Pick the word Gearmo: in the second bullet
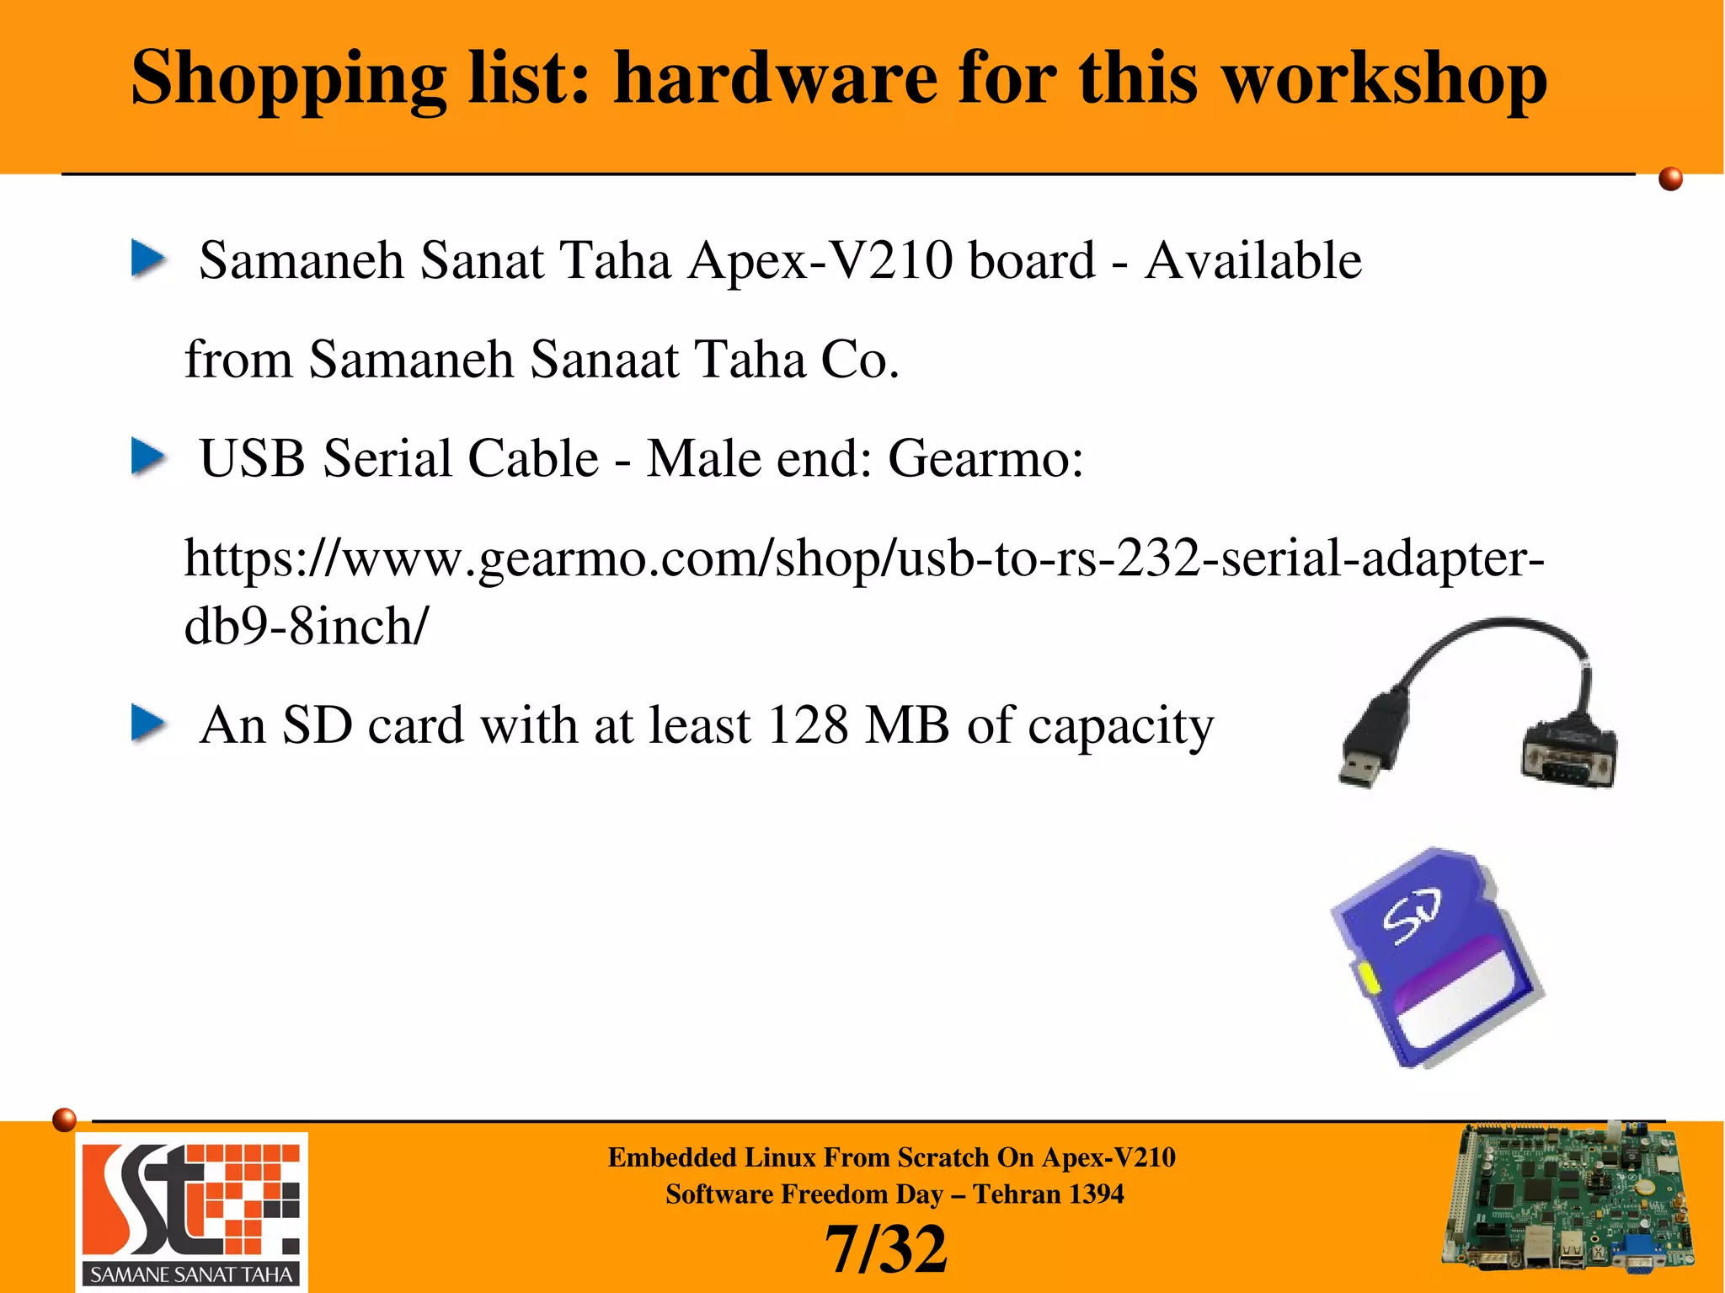(x=985, y=459)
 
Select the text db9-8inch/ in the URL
(x=306, y=627)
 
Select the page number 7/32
(x=885, y=1250)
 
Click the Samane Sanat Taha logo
(x=192, y=1210)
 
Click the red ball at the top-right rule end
(x=1670, y=179)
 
